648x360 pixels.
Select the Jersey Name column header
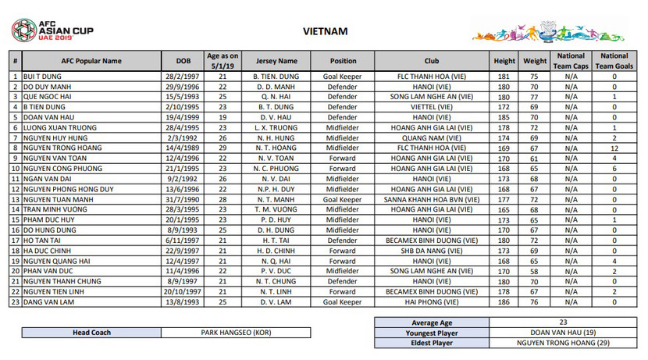pyautogui.click(x=276, y=60)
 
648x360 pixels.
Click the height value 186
pyautogui.click(x=504, y=301)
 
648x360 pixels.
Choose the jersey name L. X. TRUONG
pyautogui.click(x=276, y=127)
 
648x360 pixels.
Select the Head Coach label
pyautogui.click(x=91, y=333)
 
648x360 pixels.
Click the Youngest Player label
pyautogui.click(x=432, y=332)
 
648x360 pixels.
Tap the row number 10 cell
pyautogui.click(x=15, y=168)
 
